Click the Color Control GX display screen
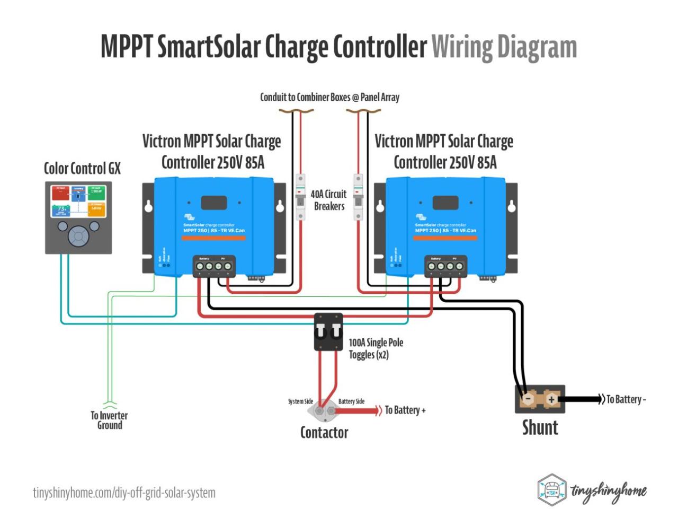pyautogui.click(x=78, y=201)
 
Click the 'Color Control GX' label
pyautogui.click(x=82, y=169)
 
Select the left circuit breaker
pyautogui.click(x=300, y=196)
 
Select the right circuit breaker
pyautogui.click(x=359, y=196)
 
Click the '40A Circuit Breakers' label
pyautogui.click(x=329, y=200)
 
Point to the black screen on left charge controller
pyautogui.click(x=214, y=203)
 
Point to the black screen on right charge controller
pyautogui.click(x=445, y=203)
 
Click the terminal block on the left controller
pyautogui.click(x=213, y=266)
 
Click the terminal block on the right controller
pyautogui.click(x=445, y=266)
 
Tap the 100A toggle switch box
pyautogui.click(x=328, y=332)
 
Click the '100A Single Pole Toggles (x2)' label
pyautogui.click(x=376, y=348)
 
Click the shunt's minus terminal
pyautogui.click(x=528, y=399)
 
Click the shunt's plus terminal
pyautogui.click(x=551, y=399)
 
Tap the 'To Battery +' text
pyautogui.click(x=405, y=410)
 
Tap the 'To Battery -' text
pyautogui.click(x=626, y=399)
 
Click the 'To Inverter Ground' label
pyautogui.click(x=109, y=420)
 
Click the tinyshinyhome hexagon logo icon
pyautogui.click(x=552, y=490)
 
